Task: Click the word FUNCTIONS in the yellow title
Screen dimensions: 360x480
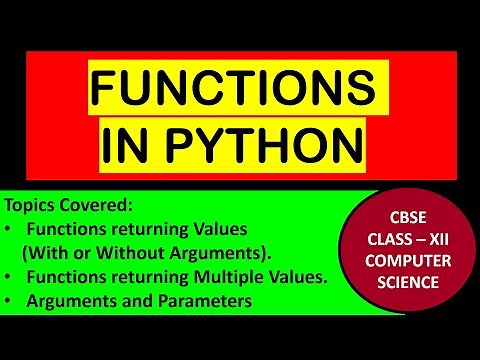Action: tap(239, 94)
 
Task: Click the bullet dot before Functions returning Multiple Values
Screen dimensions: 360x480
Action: tap(11, 276)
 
